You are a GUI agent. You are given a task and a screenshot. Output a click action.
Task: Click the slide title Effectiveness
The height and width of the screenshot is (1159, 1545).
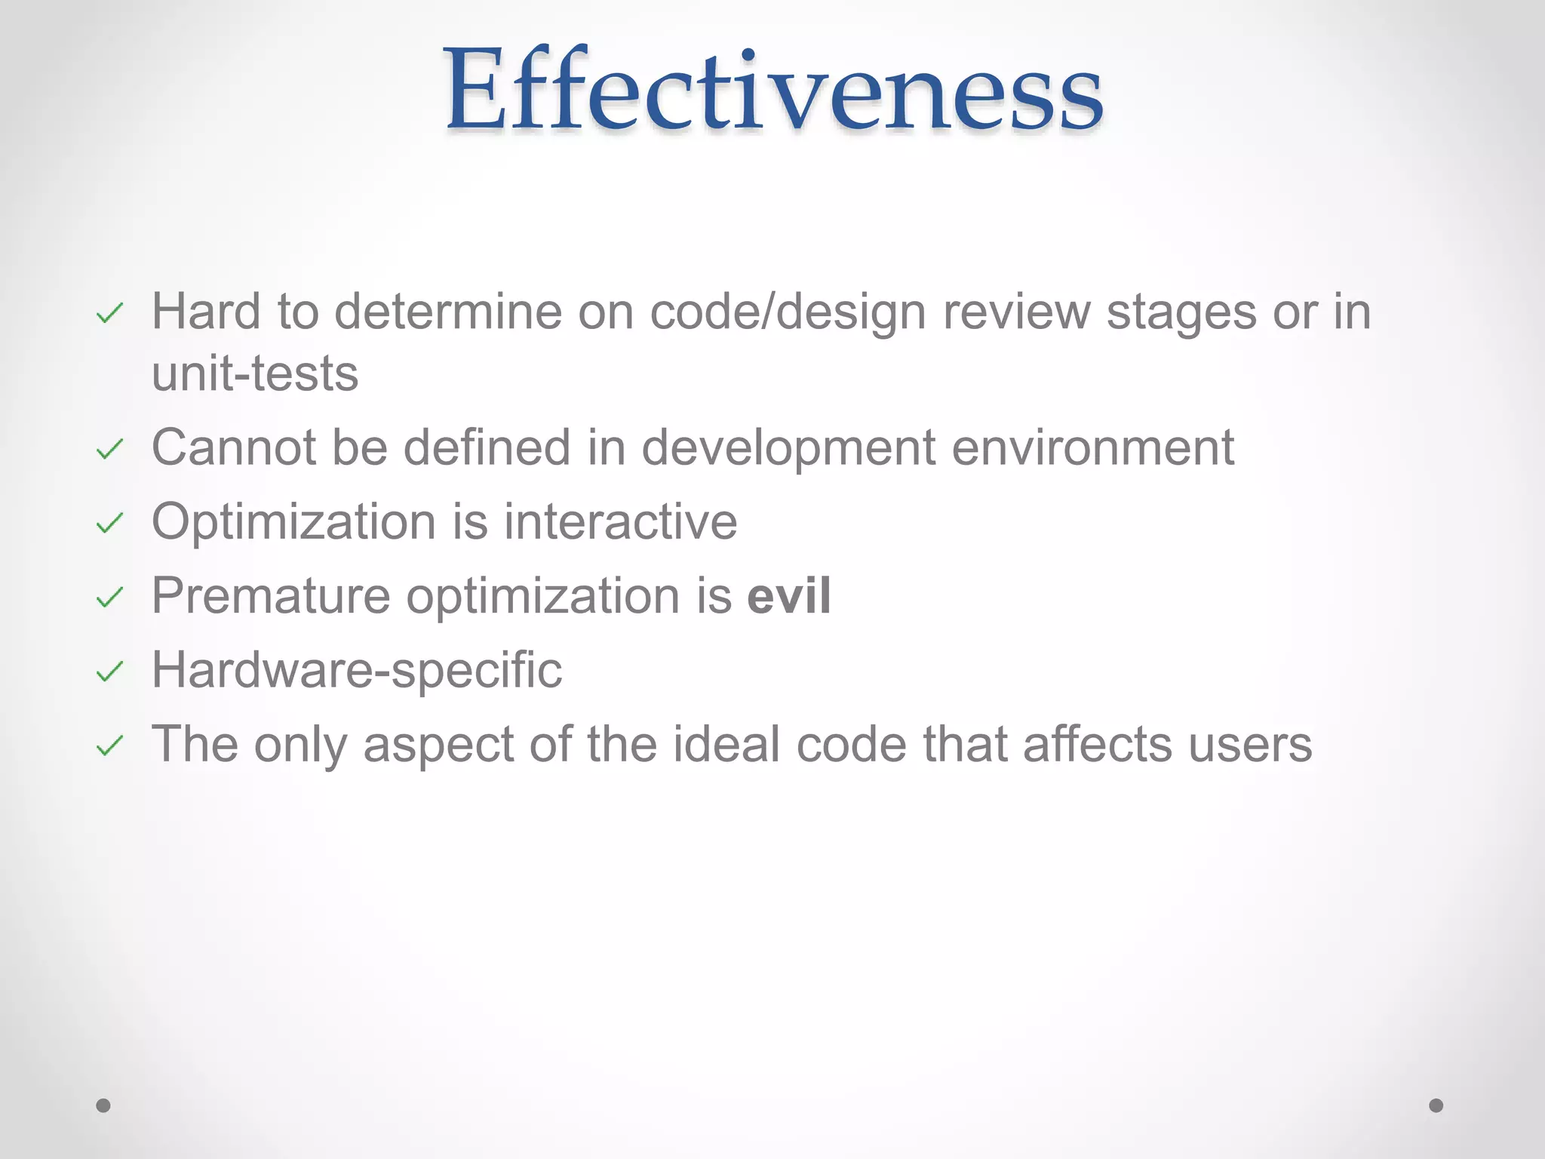point(773,91)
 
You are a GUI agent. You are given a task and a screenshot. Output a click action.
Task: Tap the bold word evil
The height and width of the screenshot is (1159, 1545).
point(789,596)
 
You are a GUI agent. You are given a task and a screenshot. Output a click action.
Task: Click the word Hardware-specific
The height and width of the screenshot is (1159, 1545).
point(357,670)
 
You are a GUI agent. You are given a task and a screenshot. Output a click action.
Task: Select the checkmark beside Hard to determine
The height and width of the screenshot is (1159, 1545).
point(110,313)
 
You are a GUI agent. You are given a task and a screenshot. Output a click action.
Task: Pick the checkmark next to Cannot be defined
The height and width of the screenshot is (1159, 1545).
point(110,450)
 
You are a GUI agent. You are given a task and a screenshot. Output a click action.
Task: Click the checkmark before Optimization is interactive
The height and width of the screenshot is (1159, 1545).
point(110,523)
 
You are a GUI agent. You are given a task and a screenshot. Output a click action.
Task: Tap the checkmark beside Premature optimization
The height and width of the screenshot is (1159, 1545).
point(110,598)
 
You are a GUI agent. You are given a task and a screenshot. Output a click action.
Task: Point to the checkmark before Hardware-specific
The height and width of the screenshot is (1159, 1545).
point(110,671)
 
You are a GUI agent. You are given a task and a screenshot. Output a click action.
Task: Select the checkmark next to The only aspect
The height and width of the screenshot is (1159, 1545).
point(110,746)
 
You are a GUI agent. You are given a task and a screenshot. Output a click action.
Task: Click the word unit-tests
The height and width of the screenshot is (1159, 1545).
point(255,374)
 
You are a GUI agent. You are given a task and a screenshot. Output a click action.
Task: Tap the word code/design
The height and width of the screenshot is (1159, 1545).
point(788,312)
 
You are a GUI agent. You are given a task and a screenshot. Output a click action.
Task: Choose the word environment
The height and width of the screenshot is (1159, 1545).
point(1092,447)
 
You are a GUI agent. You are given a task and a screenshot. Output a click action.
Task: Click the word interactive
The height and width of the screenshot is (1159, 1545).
point(620,521)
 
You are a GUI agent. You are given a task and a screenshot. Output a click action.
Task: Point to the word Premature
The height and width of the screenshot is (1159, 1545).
point(271,596)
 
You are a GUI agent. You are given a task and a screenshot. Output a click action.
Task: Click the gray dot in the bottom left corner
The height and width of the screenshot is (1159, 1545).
point(103,1105)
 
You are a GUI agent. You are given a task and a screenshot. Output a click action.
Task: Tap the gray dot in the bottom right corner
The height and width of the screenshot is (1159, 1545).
point(1436,1105)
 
